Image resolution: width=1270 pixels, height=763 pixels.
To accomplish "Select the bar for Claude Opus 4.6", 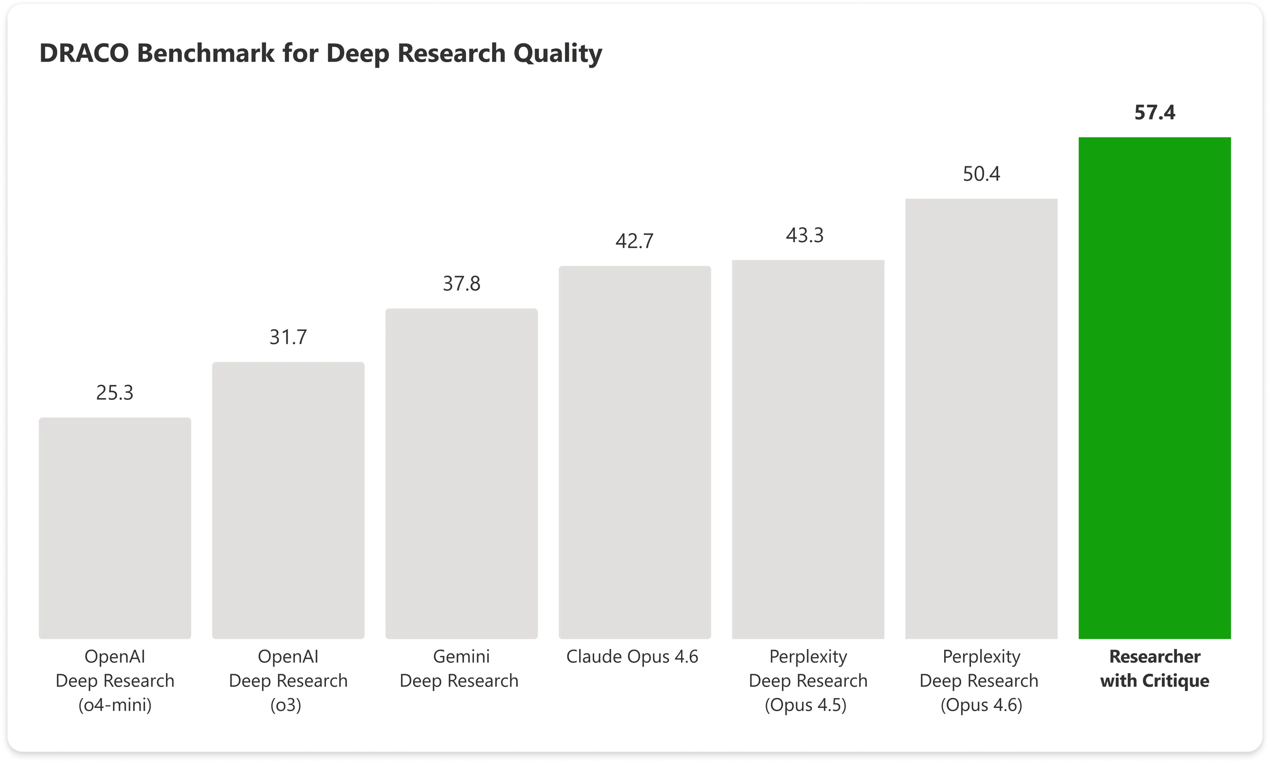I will pos(635,453).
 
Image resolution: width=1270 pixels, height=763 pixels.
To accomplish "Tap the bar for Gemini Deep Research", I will pos(461,473).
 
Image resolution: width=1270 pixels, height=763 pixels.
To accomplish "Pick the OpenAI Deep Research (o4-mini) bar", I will pos(115,528).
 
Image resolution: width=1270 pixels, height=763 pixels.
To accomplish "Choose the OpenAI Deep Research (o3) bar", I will pos(288,500).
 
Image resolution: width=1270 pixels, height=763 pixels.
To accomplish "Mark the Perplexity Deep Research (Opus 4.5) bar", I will pos(808,449).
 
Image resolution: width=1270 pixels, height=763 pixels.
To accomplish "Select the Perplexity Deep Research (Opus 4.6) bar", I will pos(981,419).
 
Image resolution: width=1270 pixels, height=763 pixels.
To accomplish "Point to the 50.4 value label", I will pos(981,174).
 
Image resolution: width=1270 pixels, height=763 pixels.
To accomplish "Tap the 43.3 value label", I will pos(804,235).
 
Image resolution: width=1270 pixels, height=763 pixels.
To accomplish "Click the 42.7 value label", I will pos(634,241).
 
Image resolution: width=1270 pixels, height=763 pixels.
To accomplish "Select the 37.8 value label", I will pos(461,284).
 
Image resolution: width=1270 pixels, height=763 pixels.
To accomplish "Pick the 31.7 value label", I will pos(288,337).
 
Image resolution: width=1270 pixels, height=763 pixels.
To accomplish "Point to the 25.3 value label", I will pos(115,393).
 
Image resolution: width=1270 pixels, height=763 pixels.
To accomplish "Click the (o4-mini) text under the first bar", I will pos(115,704).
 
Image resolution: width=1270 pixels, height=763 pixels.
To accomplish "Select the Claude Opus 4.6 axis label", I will pos(632,657).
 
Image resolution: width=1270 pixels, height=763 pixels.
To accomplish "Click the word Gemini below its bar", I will pos(461,657).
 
